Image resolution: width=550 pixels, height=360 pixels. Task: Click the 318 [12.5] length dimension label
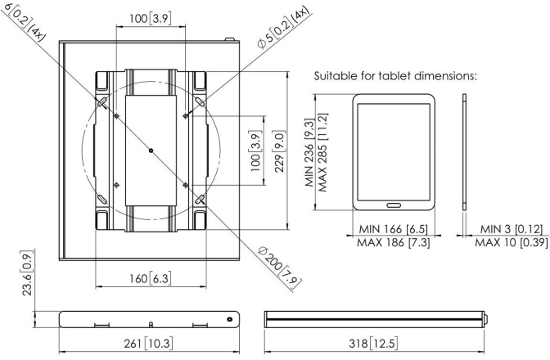[x=372, y=340]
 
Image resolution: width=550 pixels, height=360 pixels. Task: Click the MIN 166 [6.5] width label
[x=393, y=230]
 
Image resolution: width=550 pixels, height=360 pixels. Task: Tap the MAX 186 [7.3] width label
[x=393, y=243]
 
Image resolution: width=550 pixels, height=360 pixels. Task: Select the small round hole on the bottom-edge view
[x=230, y=318]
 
